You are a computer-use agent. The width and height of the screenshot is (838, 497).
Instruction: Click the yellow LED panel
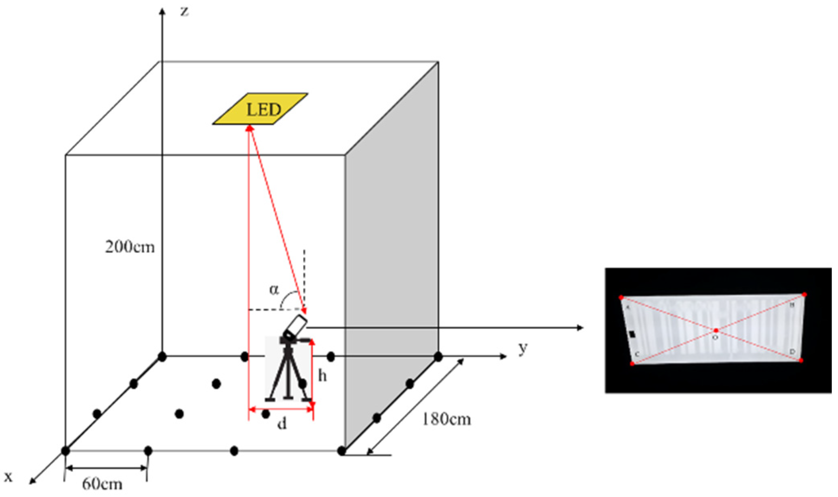(261, 109)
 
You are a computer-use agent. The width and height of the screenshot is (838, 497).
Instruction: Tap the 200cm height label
(130, 247)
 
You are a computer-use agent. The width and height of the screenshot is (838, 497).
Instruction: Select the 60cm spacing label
(102, 483)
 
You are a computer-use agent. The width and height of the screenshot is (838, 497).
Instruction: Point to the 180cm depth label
(446, 419)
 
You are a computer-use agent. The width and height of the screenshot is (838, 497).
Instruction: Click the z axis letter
(185, 11)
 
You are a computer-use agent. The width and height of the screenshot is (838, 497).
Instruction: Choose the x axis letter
(8, 477)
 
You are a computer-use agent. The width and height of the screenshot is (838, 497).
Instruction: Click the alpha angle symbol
(274, 289)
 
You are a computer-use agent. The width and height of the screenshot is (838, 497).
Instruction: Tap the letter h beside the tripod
(322, 376)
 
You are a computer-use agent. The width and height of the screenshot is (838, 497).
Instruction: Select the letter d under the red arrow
(282, 424)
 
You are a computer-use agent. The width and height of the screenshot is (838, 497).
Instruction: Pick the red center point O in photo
(716, 330)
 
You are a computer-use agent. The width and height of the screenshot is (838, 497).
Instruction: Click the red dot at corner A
(621, 298)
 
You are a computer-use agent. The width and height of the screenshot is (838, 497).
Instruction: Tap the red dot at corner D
(801, 361)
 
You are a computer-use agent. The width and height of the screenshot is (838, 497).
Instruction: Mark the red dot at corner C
(632, 364)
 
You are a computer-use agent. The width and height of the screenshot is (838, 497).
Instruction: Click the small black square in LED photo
(632, 334)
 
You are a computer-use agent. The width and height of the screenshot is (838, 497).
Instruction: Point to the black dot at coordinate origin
(162, 356)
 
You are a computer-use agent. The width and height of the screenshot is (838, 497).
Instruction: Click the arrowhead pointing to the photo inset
(580, 327)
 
